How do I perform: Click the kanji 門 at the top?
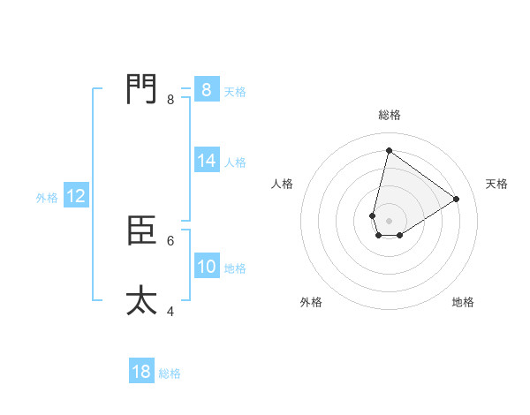point(141,89)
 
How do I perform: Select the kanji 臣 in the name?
point(141,230)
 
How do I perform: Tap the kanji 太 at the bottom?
point(141,300)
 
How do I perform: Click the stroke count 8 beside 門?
point(170,100)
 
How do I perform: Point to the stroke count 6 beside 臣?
point(170,240)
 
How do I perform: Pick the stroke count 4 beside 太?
point(170,311)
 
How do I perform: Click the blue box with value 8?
point(206,90)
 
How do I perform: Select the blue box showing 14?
point(207,161)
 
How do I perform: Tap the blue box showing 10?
point(207,267)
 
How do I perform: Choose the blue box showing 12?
point(76,196)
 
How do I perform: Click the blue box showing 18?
point(141,372)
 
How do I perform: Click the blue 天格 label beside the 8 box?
point(235,91)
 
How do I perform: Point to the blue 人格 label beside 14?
point(235,162)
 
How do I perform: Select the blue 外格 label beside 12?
point(47,198)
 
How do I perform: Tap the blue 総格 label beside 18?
point(170,373)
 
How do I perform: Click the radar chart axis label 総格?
point(389,115)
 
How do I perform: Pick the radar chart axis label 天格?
point(496,184)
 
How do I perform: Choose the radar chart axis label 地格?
point(463,302)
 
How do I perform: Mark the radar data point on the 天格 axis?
point(457,199)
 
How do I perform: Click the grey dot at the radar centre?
point(389,221)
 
